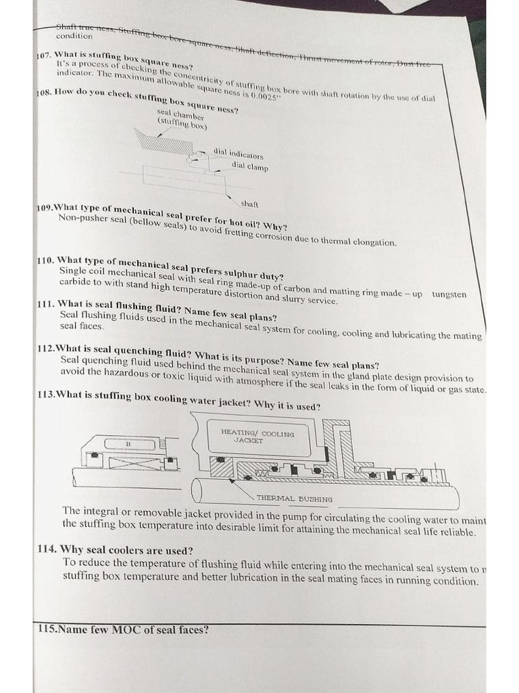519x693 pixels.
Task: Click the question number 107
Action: tap(44, 54)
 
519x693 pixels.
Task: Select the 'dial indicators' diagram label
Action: tap(238, 154)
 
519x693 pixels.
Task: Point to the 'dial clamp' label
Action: tap(249, 166)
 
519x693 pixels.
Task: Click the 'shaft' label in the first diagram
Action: tap(249, 202)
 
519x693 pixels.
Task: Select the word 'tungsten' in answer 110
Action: tap(449, 294)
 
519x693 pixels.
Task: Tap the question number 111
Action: tap(46, 304)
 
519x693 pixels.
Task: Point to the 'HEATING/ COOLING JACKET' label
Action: tap(257, 436)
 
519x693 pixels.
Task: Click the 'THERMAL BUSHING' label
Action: tap(294, 499)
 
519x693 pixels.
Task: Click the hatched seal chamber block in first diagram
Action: tap(161, 144)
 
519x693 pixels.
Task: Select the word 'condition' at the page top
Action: tap(74, 36)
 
